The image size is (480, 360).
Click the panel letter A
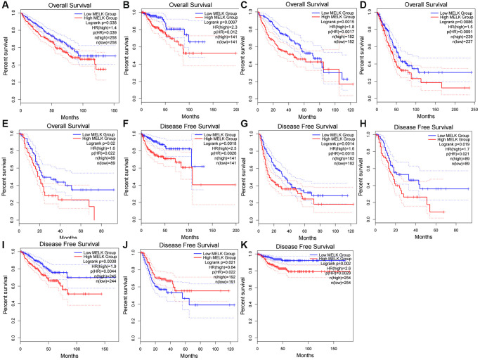click(x=5, y=6)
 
